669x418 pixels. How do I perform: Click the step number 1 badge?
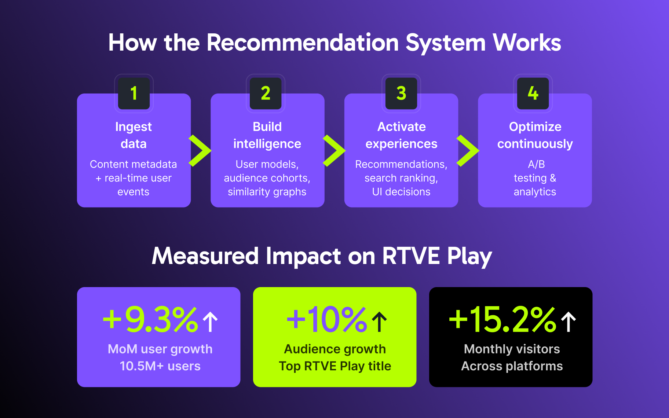pyautogui.click(x=134, y=93)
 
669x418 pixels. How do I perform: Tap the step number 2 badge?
pyautogui.click(x=266, y=93)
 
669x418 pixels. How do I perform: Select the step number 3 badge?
pyautogui.click(x=401, y=93)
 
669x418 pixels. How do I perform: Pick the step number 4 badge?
pyautogui.click(x=533, y=93)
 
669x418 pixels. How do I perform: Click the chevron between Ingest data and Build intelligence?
pyautogui.click(x=200, y=151)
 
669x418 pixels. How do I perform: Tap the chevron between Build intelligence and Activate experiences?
pyautogui.click(x=334, y=151)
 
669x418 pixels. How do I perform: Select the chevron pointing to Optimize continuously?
pyautogui.click(x=468, y=151)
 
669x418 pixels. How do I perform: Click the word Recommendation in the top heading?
pyautogui.click(x=303, y=43)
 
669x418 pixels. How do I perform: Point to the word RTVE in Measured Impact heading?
pyautogui.click(x=411, y=256)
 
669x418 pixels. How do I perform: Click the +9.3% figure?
pyautogui.click(x=150, y=320)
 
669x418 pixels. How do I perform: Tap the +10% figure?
pyautogui.click(x=326, y=320)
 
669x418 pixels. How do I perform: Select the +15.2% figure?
pyautogui.click(x=502, y=320)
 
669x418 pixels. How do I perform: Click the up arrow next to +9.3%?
pyautogui.click(x=211, y=322)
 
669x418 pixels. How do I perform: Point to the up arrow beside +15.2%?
pyautogui.click(x=569, y=322)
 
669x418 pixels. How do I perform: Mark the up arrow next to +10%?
pyautogui.click(x=380, y=322)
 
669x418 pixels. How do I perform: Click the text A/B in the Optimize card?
pyautogui.click(x=536, y=164)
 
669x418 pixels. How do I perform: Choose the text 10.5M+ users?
pyautogui.click(x=160, y=366)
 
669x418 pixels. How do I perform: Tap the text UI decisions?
pyautogui.click(x=401, y=192)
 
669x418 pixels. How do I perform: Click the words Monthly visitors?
pyautogui.click(x=512, y=349)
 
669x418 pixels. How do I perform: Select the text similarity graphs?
pyautogui.click(x=267, y=192)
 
